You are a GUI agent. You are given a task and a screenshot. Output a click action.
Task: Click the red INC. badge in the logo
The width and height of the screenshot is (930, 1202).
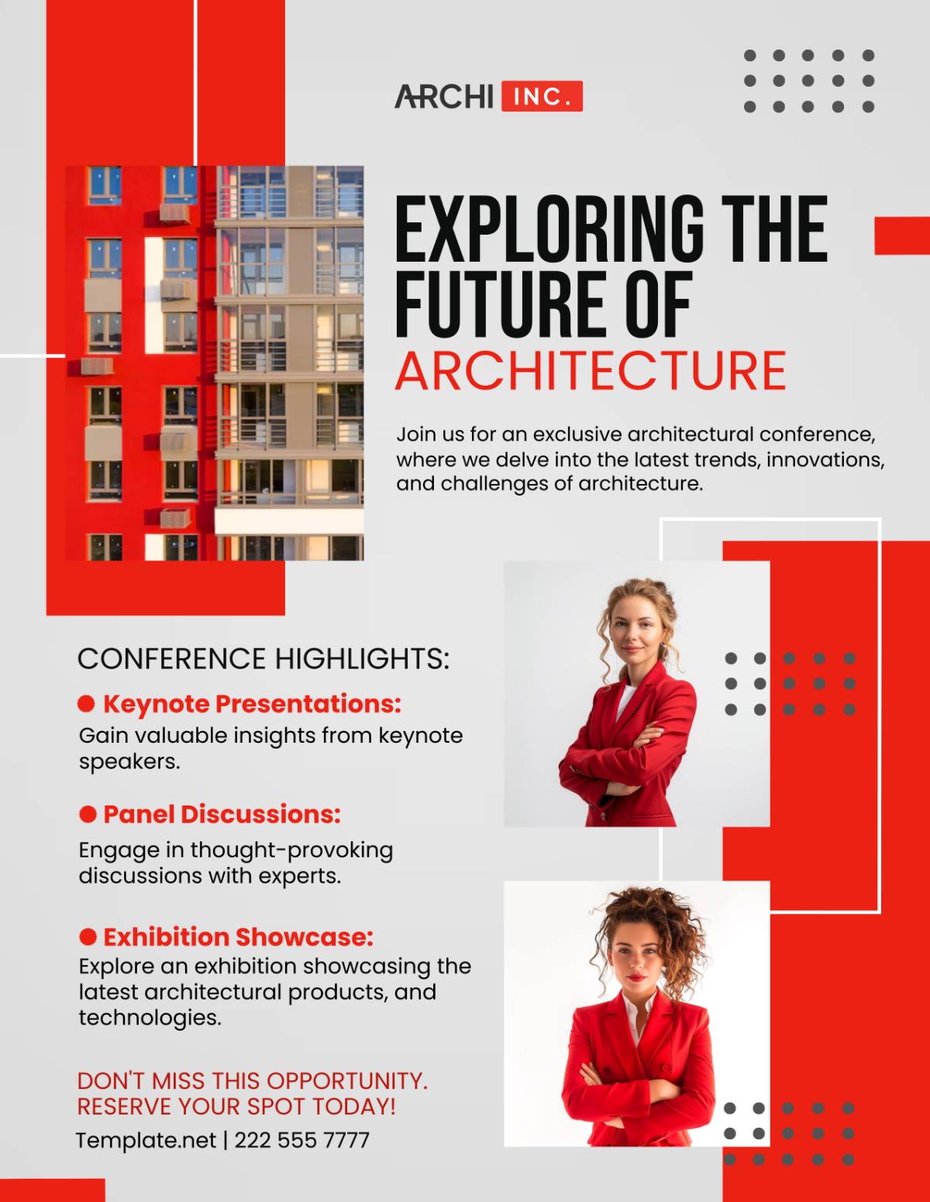(542, 96)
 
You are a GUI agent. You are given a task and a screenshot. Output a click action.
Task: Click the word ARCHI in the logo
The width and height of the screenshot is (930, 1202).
(444, 97)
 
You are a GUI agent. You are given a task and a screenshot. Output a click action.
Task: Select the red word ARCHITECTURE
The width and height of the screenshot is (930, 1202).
(591, 371)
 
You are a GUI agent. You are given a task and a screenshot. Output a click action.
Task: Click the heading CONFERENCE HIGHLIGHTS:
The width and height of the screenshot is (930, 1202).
(263, 659)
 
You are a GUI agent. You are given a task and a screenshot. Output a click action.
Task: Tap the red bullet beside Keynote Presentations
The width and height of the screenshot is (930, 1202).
(86, 703)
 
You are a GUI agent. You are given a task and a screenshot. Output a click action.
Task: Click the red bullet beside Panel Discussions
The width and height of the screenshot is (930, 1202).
(88, 814)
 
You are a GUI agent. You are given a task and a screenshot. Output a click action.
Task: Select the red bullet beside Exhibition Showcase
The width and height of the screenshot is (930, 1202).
(88, 937)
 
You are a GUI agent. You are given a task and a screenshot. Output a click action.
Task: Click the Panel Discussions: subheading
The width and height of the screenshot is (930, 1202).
(222, 814)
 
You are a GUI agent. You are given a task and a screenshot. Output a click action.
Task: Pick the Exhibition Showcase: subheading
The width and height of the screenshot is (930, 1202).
(239, 937)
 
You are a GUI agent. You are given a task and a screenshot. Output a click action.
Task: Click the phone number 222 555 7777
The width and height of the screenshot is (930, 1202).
(302, 1140)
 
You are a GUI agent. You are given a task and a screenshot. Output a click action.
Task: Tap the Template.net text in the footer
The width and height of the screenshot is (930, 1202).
(146, 1140)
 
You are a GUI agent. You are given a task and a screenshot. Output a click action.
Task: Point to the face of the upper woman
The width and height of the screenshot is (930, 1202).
(635, 628)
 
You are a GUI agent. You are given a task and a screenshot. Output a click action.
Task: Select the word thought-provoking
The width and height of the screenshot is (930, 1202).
(291, 850)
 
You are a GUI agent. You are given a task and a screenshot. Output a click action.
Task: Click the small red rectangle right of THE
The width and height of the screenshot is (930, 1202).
(901, 235)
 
